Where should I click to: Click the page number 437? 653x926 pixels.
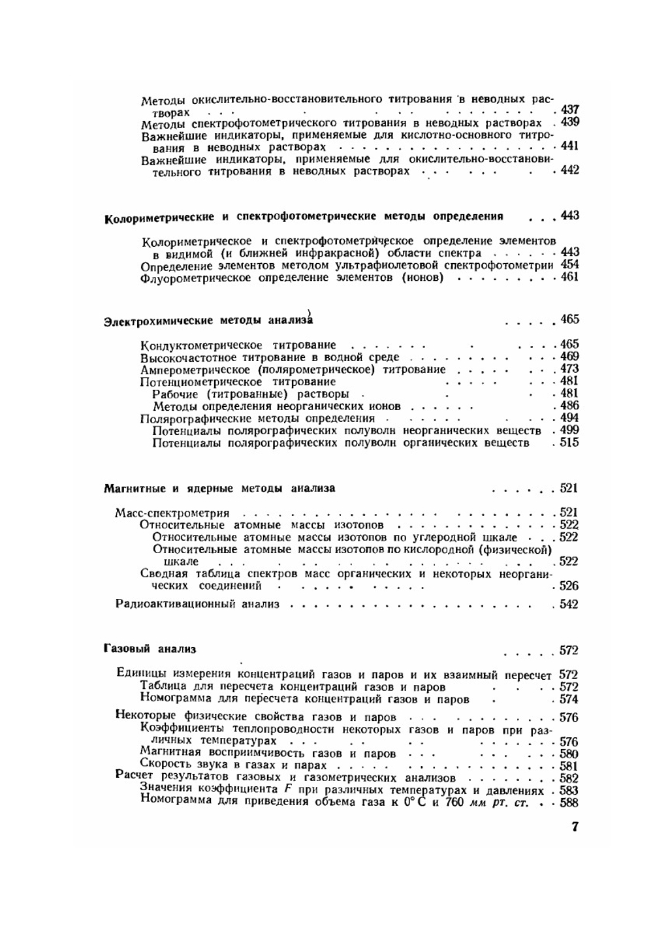tap(569, 110)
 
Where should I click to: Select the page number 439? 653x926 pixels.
tap(569, 122)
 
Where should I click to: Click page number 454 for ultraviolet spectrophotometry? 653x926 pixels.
tap(569, 264)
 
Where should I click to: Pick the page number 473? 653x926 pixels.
tap(569, 369)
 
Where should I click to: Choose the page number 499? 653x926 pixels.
tap(569, 430)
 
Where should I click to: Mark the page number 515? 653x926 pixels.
tap(569, 443)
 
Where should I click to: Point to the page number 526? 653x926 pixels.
tap(569, 586)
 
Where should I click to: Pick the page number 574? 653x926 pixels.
tap(569, 699)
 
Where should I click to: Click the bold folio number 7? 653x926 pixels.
tap(575, 827)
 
